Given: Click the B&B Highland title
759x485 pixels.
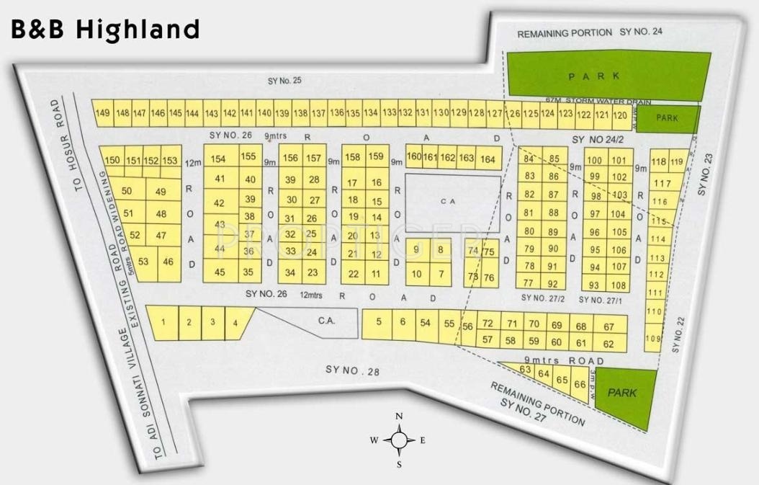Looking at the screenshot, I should [x=104, y=29].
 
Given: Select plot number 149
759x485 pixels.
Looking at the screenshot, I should [x=102, y=113].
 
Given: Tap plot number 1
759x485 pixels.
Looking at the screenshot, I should [x=164, y=322].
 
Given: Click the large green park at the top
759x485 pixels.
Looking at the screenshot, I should [x=603, y=76].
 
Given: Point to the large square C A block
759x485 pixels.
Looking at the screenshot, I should [x=453, y=203].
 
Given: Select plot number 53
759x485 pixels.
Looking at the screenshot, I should [x=143, y=261].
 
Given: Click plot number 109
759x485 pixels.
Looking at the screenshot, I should [x=653, y=338].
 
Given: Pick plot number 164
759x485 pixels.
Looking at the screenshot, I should [x=488, y=159].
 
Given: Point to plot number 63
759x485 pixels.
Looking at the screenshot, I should [x=526, y=370].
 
